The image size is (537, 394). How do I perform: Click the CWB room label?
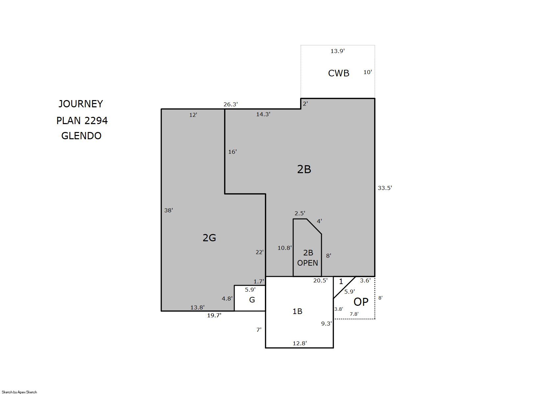[x=339, y=73]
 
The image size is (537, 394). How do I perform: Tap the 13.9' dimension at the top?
[x=338, y=51]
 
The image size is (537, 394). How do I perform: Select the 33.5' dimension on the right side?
[x=385, y=188]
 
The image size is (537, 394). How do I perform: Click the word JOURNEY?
[x=81, y=104]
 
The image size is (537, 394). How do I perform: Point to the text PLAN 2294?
[x=82, y=120]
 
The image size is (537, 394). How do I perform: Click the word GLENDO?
[x=82, y=136]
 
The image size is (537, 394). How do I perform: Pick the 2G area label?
[x=209, y=238]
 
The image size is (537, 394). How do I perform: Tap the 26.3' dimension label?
[x=231, y=104]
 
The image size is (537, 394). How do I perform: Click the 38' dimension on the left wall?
[x=168, y=210]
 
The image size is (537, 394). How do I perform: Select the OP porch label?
[x=361, y=302]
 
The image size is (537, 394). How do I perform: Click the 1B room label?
[x=297, y=311]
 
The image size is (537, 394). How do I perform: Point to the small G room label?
[x=252, y=300]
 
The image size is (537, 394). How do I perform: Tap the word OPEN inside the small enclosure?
[x=308, y=263]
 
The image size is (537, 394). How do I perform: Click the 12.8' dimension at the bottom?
[x=300, y=343]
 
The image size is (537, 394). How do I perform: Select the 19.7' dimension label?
[x=214, y=315]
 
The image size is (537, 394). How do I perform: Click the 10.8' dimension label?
[x=285, y=248]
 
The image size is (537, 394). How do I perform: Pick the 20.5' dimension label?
[x=320, y=280]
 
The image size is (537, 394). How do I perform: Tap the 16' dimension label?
[x=232, y=152]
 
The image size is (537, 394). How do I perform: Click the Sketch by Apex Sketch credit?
[x=19, y=392]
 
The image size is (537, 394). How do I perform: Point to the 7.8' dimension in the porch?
[x=354, y=314]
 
